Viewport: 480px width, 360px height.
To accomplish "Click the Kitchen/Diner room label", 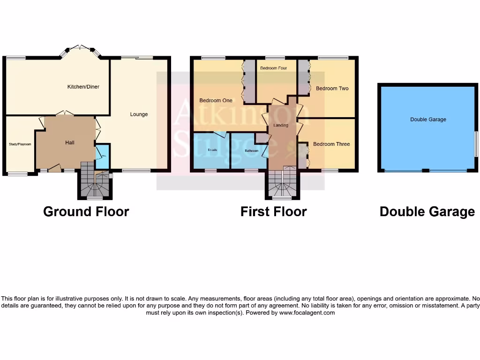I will point(83,87).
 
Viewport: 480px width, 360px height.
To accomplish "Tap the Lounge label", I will point(139,114).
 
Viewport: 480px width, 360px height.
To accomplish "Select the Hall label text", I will point(70,142).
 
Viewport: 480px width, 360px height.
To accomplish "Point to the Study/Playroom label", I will point(20,144).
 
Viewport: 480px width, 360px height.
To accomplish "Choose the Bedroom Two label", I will point(332,88).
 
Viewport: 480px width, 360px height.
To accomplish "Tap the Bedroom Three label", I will point(331,144).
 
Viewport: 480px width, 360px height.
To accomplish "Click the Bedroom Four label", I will point(273,68).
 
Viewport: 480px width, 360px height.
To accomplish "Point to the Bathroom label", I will point(252,151).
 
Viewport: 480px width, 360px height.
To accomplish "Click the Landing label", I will point(281,125).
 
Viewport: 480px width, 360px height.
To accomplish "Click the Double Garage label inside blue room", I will point(428,120).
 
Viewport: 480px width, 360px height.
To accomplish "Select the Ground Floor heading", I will point(86,211).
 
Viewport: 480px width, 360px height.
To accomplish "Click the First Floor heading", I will point(273,211).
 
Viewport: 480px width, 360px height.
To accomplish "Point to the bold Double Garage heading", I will point(427,212).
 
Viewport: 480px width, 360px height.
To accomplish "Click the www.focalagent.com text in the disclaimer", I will point(307,312).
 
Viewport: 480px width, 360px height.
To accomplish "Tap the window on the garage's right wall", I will point(475,143).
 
